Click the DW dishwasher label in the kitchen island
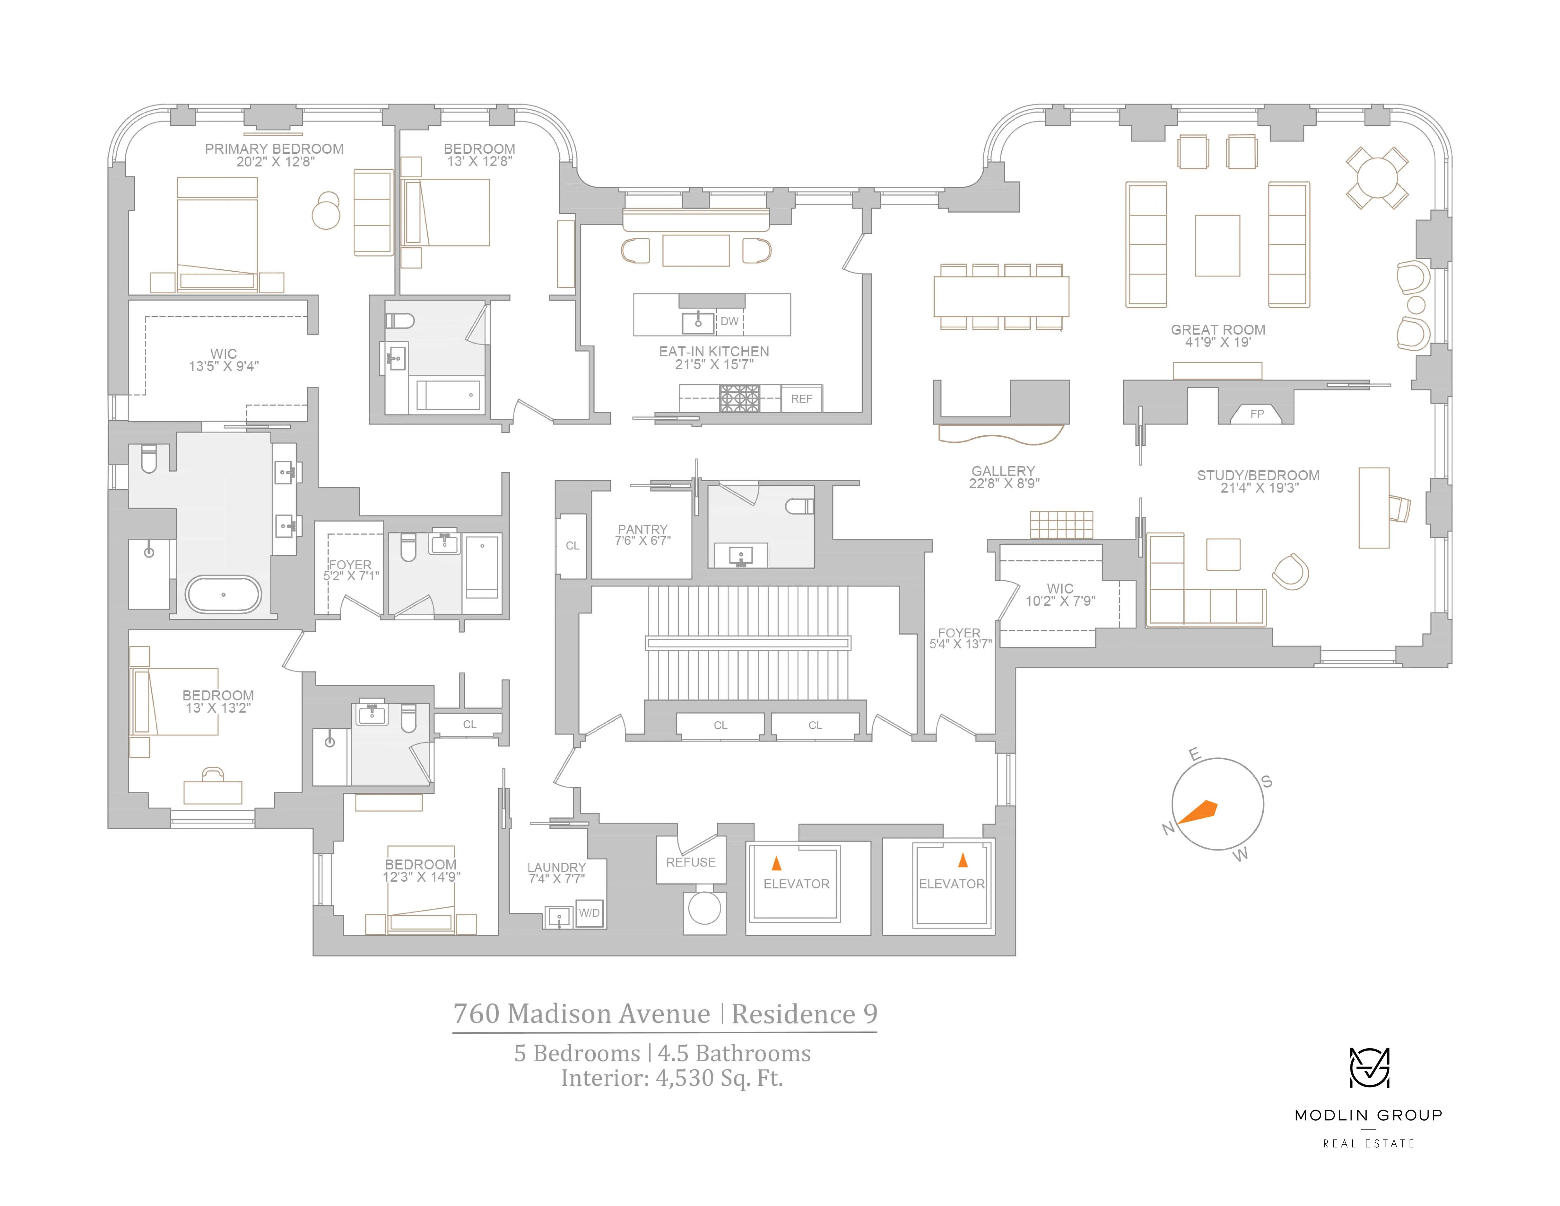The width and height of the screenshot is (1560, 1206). (x=729, y=321)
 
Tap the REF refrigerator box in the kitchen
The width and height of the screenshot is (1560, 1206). (x=801, y=399)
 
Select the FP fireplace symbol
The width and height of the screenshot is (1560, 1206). (x=1257, y=414)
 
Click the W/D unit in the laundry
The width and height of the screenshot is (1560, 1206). (x=589, y=913)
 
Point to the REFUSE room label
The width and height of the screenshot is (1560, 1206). (x=691, y=862)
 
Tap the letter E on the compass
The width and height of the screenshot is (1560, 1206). (x=1194, y=754)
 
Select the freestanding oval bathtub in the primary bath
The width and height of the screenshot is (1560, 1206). (x=224, y=594)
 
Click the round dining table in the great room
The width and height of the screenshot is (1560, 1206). (x=1377, y=178)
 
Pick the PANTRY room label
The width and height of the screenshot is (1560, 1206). (x=642, y=529)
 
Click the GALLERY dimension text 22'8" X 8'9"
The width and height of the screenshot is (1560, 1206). (x=1003, y=484)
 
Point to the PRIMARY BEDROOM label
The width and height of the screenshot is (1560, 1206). (x=274, y=149)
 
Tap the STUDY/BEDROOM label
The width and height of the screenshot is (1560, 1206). (x=1258, y=475)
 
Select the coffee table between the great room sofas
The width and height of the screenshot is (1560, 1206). (x=1217, y=245)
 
